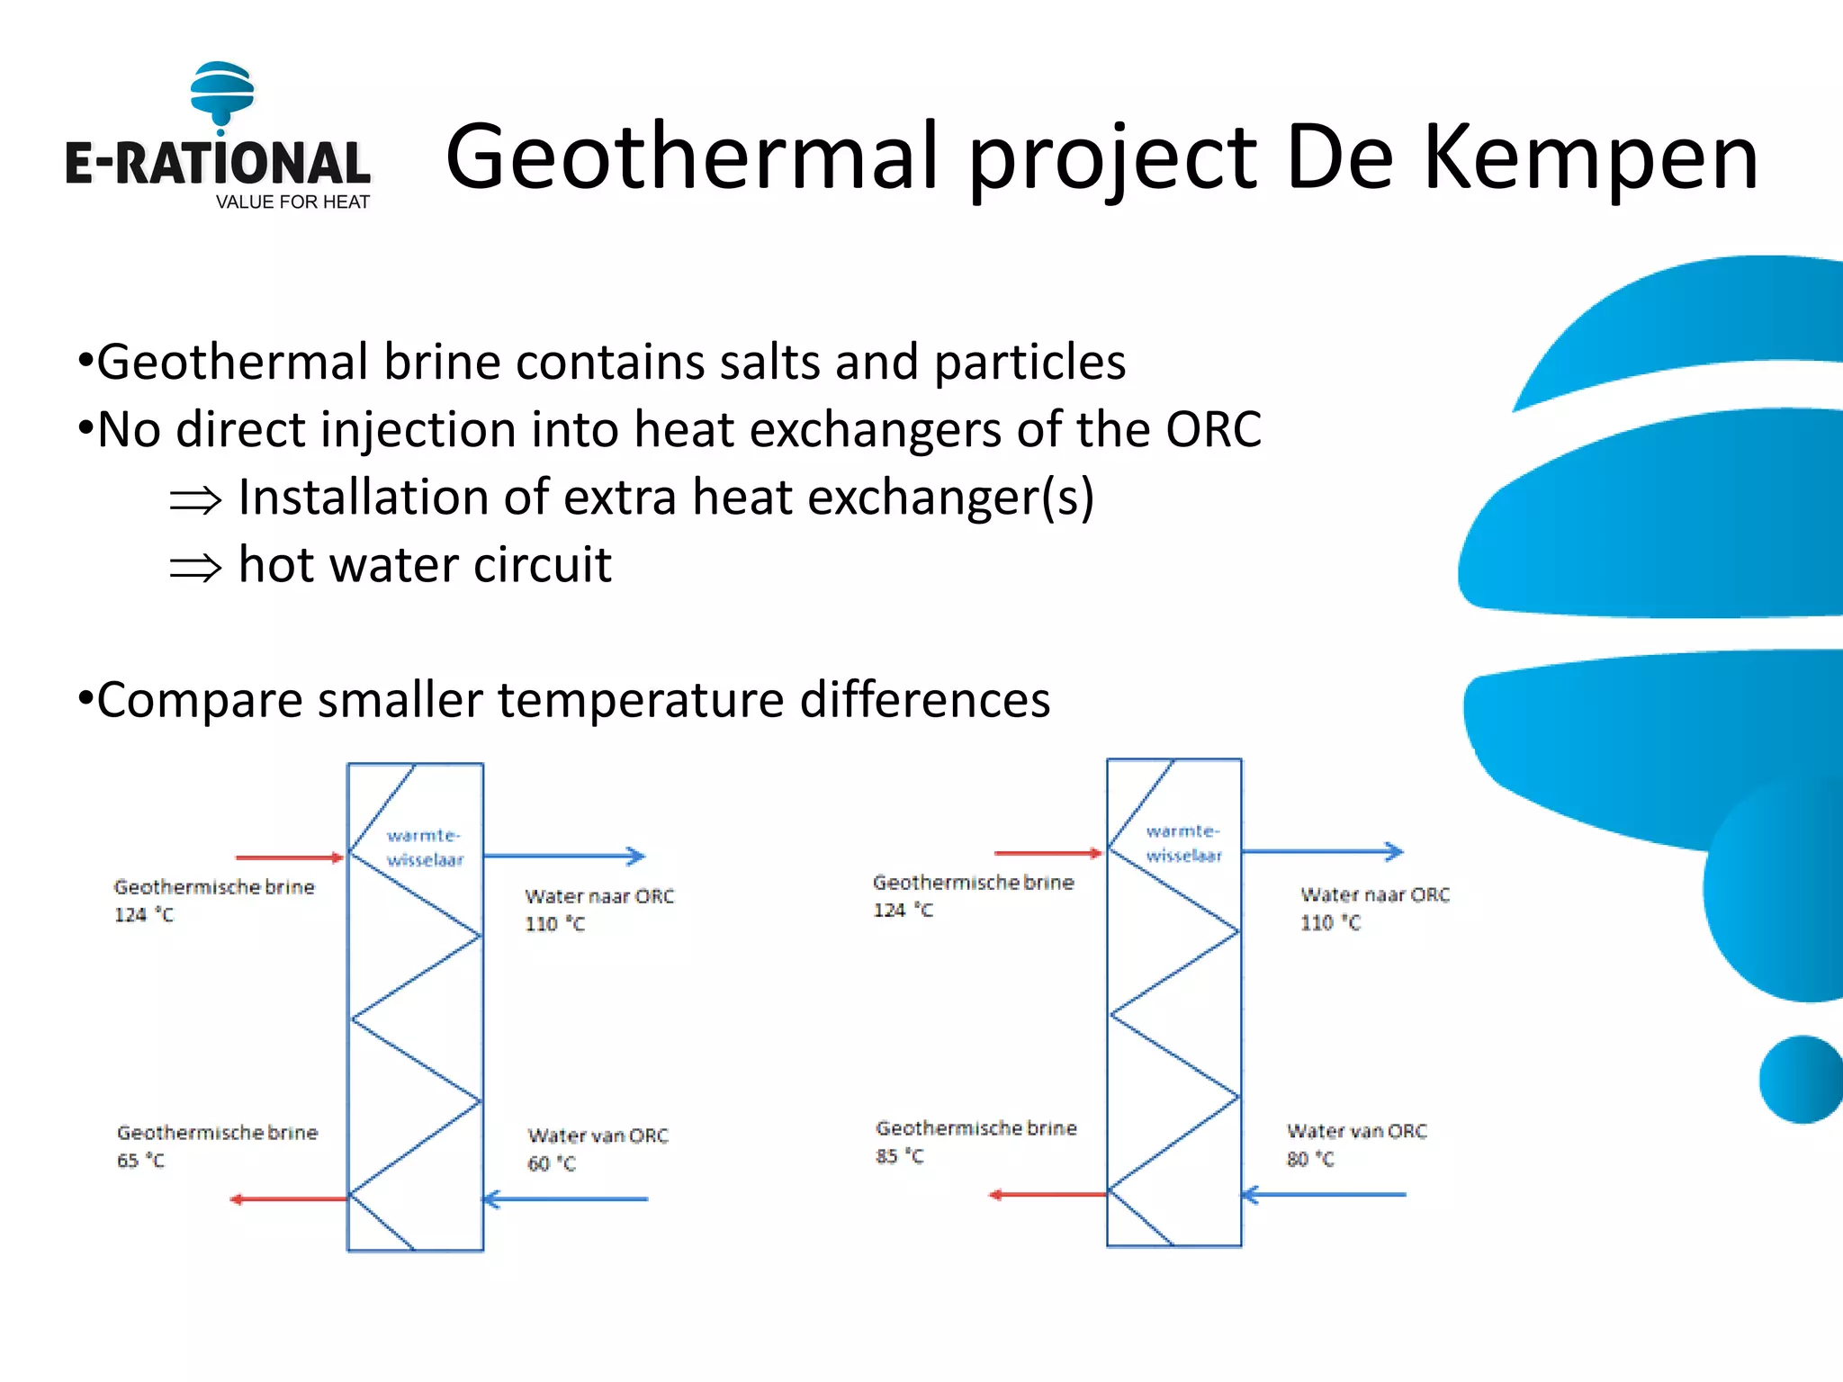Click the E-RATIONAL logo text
[217, 164]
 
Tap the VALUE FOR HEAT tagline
[292, 202]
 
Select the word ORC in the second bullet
[1213, 429]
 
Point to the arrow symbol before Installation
[195, 500]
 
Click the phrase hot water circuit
[425, 565]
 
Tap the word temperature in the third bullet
[641, 700]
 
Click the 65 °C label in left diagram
[140, 1161]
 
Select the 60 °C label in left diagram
[551, 1163]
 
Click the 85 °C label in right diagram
[899, 1156]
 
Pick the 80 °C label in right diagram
[1309, 1159]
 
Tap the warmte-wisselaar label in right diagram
[1183, 844]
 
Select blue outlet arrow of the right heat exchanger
[1322, 851]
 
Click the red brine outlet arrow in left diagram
[288, 1198]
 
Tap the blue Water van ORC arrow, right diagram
[1323, 1195]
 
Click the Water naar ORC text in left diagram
[599, 896]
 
